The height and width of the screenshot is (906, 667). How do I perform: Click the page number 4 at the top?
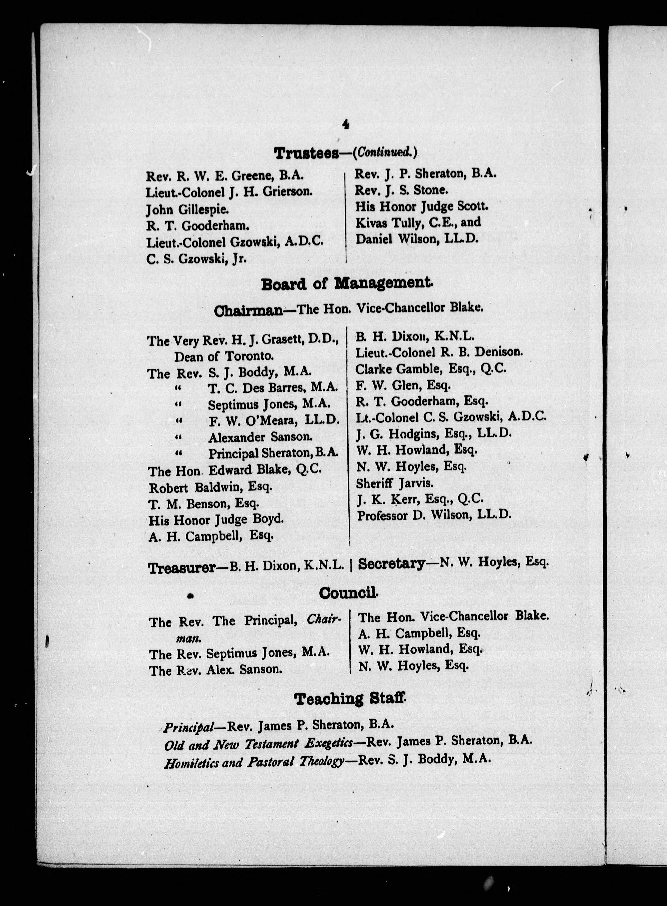click(x=346, y=125)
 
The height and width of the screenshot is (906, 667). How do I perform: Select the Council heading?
click(x=348, y=593)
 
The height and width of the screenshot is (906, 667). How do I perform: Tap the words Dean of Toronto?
click(x=224, y=356)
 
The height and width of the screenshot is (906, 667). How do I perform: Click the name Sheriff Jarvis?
click(x=394, y=483)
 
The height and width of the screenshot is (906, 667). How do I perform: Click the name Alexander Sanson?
click(x=260, y=437)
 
